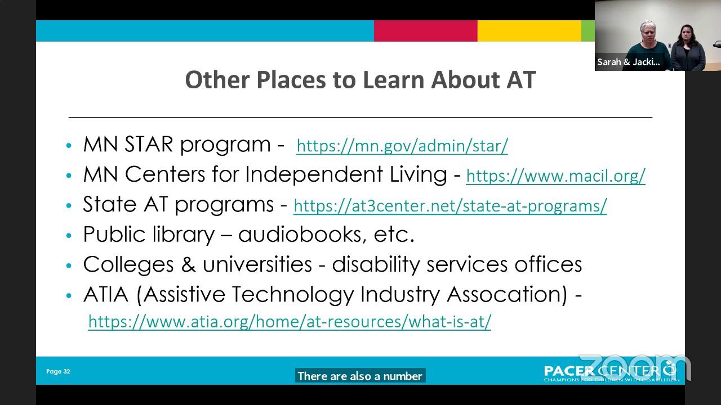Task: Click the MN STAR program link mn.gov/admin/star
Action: [x=402, y=146]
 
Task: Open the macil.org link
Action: [x=555, y=176]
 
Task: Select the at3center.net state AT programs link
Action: [x=450, y=206]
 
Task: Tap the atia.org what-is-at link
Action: [x=290, y=321]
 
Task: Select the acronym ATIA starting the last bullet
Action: [x=106, y=294]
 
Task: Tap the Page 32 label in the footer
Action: [x=58, y=371]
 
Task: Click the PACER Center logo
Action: [x=611, y=371]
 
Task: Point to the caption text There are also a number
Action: [x=360, y=376]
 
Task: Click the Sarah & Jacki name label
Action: [x=628, y=62]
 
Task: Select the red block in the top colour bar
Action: [x=425, y=31]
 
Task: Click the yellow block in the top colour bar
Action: [x=529, y=31]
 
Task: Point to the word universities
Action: [x=257, y=264]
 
